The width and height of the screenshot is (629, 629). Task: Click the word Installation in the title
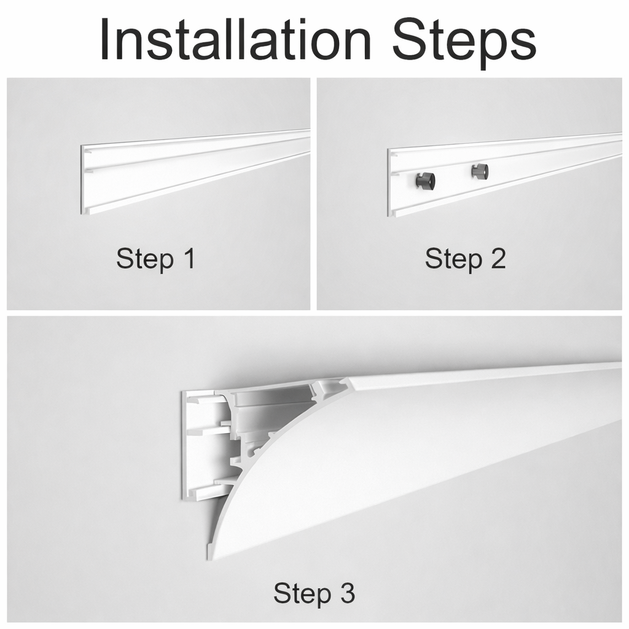(236, 39)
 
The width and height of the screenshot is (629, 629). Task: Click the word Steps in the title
(464, 44)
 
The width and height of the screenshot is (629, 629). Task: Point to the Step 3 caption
(314, 594)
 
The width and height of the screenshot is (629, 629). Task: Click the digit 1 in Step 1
(190, 259)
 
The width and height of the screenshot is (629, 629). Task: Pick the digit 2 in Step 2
(498, 259)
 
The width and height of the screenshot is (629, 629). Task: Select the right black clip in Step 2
(480, 171)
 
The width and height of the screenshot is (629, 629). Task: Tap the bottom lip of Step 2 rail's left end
(396, 213)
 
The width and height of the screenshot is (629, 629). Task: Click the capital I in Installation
(105, 39)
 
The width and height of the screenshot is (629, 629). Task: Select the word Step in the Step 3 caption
(302, 594)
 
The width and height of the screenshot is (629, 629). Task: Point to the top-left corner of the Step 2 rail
(388, 150)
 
